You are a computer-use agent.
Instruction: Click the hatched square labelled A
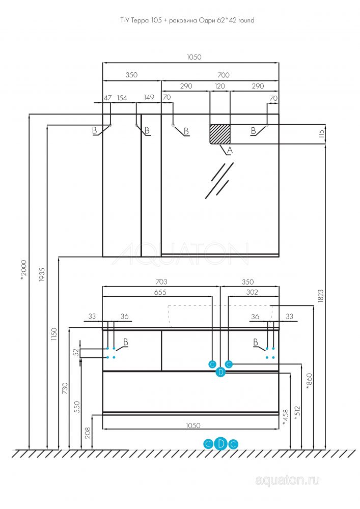220,134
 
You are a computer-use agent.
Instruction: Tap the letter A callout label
230,150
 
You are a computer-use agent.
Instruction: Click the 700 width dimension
224,75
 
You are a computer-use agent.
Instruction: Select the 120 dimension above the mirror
220,86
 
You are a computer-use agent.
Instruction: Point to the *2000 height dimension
23,270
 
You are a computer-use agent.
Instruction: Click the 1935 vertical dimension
41,274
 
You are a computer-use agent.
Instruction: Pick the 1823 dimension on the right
321,296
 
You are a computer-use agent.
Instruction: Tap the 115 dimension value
321,134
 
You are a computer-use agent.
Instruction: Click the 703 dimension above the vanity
161,282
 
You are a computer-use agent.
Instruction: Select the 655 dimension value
160,292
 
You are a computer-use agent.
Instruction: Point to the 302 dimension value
252,292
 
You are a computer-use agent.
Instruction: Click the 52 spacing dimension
76,352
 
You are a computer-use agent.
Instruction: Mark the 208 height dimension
88,433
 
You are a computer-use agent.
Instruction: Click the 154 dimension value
122,98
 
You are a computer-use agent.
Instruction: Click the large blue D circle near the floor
221,443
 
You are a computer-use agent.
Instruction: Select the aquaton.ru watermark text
288,480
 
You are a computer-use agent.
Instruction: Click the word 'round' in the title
246,20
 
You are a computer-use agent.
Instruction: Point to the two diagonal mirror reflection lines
219,180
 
